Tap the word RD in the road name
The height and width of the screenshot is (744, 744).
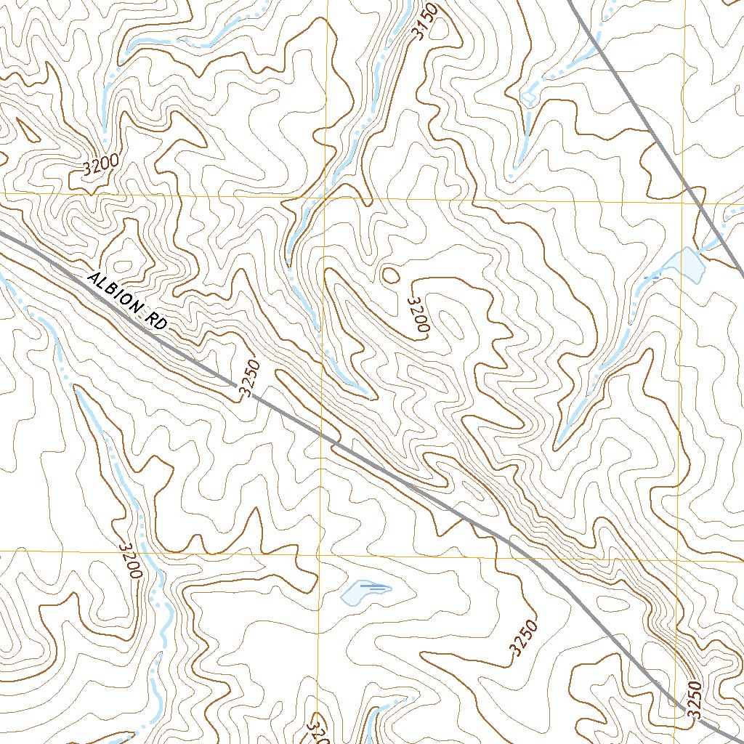tap(156, 322)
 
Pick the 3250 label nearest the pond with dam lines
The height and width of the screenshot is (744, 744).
tap(525, 639)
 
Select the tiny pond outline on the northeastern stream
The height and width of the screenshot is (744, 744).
tap(528, 97)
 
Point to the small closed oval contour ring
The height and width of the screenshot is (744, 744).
tap(390, 275)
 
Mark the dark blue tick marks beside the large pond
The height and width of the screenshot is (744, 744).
tap(653, 278)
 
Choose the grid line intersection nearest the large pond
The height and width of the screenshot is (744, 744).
tap(682, 202)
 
